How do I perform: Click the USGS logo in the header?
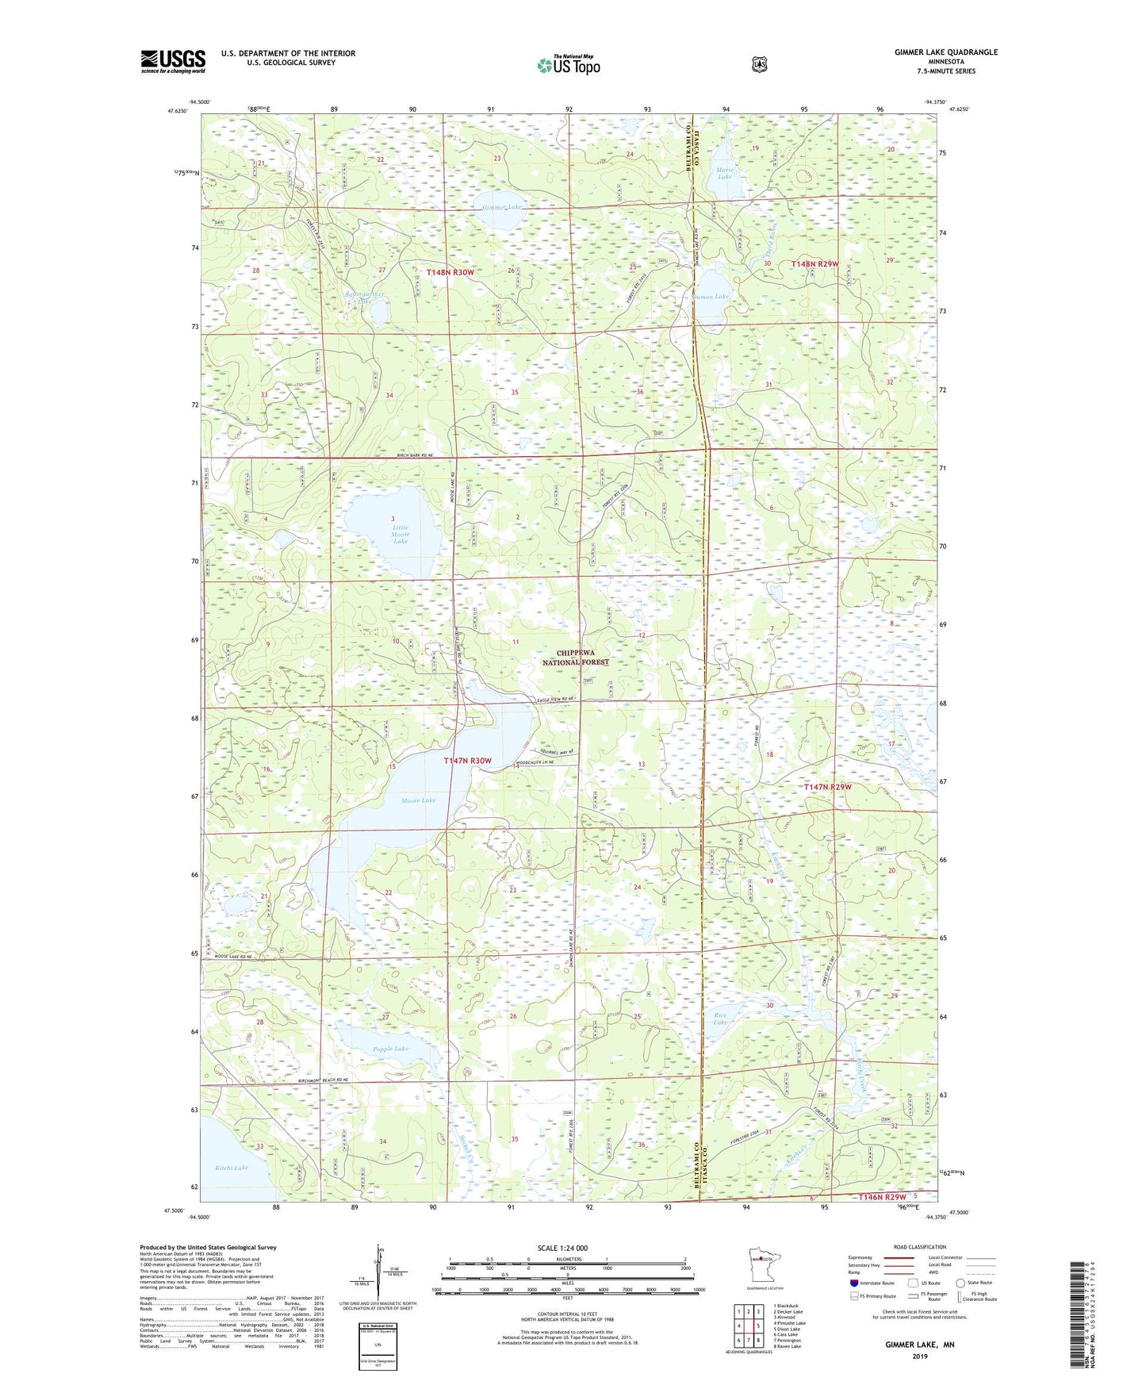click(x=173, y=61)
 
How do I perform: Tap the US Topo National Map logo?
click(x=568, y=65)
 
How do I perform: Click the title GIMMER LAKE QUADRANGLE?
click(x=935, y=52)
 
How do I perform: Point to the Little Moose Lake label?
click(x=401, y=534)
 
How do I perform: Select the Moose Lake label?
click(x=418, y=800)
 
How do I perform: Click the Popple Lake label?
click(x=390, y=1049)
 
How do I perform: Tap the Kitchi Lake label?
click(x=232, y=1168)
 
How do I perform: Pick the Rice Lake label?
click(x=720, y=1018)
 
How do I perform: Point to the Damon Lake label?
click(x=711, y=297)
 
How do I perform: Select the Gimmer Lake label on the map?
click(x=502, y=207)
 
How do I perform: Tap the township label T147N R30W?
click(x=467, y=761)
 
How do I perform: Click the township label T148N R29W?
click(x=814, y=263)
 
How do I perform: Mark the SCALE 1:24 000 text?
click(x=562, y=1248)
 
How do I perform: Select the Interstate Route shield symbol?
click(x=853, y=1283)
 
